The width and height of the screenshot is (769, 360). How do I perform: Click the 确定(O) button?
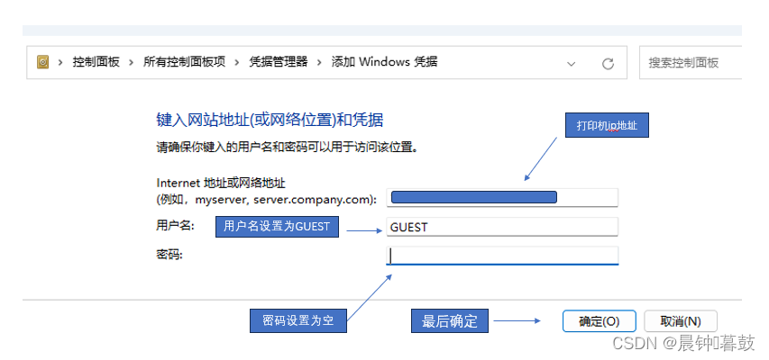(x=599, y=321)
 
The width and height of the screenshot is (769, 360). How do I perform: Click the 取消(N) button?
(x=680, y=321)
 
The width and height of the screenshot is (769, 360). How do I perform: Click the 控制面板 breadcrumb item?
(x=96, y=62)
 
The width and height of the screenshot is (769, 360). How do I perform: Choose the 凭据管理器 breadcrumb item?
(x=278, y=62)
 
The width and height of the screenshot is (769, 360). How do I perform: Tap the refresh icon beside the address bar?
(x=608, y=63)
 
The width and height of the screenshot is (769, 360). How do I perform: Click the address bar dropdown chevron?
(x=571, y=63)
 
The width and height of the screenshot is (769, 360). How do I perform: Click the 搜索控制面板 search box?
(x=690, y=63)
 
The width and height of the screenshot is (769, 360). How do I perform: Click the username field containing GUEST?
(x=501, y=228)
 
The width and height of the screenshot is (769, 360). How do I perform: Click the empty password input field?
(x=503, y=256)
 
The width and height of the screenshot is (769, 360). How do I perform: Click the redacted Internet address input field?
(x=501, y=197)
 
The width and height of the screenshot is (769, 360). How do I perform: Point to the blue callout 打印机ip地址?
(x=607, y=126)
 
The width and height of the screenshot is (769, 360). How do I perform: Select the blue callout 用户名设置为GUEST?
(x=277, y=228)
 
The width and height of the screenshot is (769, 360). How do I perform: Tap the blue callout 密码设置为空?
(x=297, y=321)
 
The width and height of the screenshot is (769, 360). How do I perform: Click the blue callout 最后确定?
(x=449, y=321)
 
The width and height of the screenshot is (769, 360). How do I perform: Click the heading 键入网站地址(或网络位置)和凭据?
(x=270, y=119)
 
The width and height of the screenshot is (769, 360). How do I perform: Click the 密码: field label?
(x=169, y=256)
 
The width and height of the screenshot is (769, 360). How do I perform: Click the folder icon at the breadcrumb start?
(x=42, y=62)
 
